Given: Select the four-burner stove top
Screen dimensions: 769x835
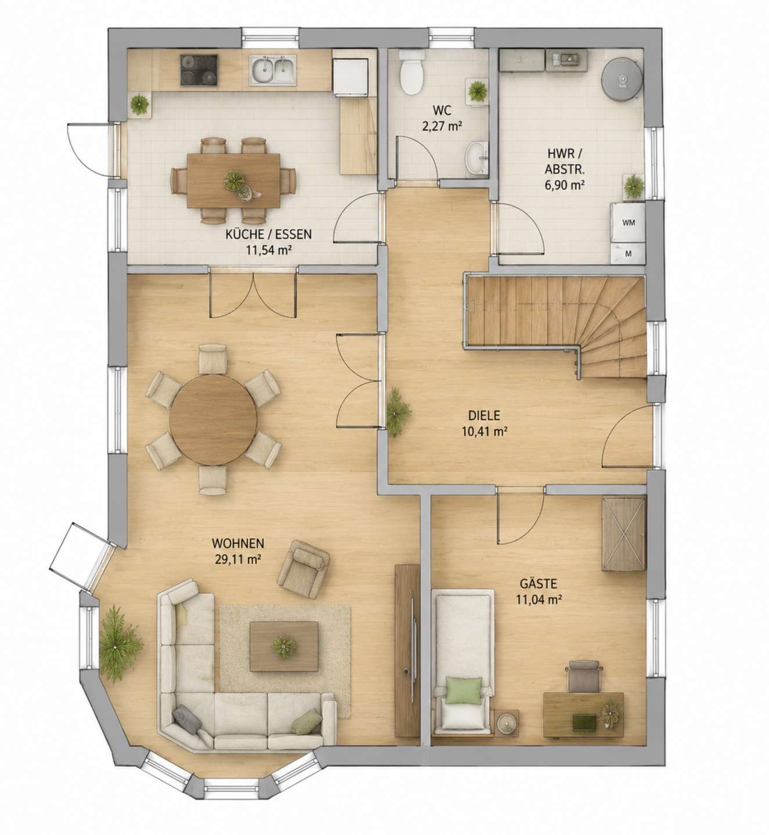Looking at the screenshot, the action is [199, 71].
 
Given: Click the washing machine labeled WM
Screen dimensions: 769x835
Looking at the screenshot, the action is [627, 222].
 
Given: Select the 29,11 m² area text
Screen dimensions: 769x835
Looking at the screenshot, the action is [238, 560].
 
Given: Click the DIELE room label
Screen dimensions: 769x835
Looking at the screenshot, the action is [484, 415].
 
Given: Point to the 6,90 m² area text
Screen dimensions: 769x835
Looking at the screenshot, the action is [564, 185].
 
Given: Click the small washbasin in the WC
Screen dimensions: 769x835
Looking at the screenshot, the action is [476, 158].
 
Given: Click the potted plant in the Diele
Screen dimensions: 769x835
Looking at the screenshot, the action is [398, 412].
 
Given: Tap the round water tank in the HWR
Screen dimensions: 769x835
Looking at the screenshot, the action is [622, 79].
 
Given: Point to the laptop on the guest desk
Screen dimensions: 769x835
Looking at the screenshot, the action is [584, 722].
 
